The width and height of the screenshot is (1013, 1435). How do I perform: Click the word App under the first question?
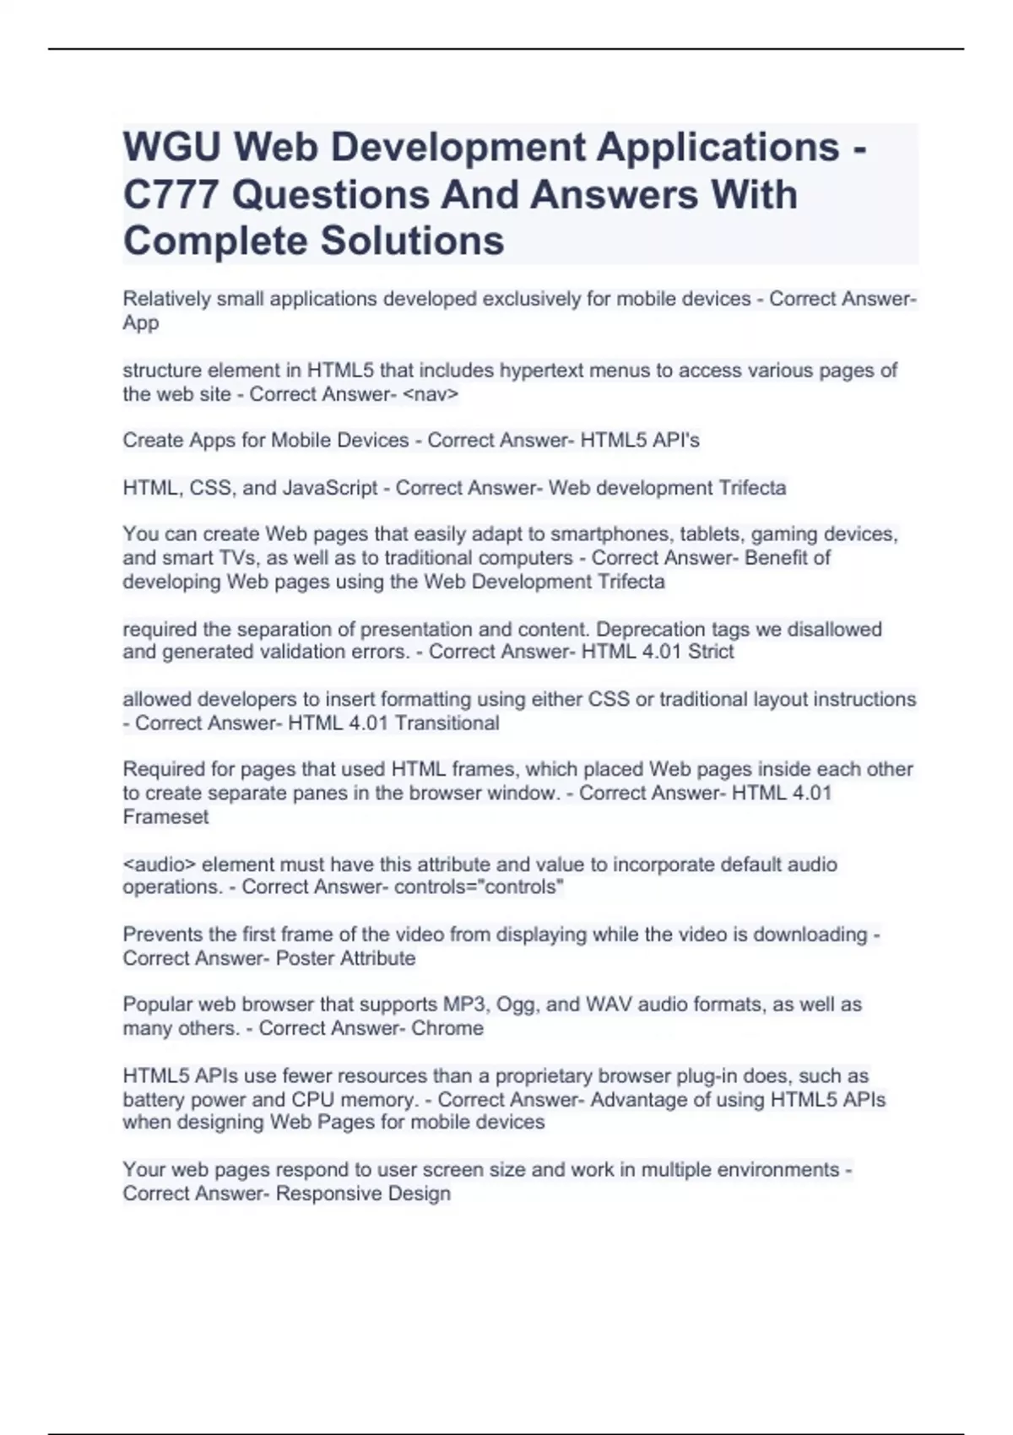(x=140, y=323)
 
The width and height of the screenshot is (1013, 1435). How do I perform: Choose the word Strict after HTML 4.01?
(x=711, y=652)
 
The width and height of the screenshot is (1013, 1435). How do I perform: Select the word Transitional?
(x=447, y=723)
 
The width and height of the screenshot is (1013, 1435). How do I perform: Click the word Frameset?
(x=165, y=817)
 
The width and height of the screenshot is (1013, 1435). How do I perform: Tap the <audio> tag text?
(x=160, y=864)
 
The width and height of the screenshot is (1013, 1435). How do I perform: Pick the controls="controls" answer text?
(x=479, y=887)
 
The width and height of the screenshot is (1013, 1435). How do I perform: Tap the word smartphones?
(x=604, y=534)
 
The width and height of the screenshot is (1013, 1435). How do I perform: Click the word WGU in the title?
(x=172, y=148)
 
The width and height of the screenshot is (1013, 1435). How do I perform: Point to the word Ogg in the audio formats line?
(x=516, y=1004)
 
